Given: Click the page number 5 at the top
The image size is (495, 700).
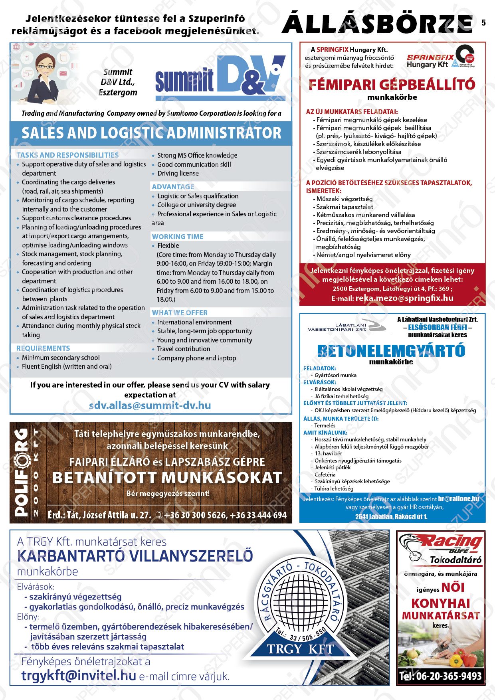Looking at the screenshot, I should [483, 23].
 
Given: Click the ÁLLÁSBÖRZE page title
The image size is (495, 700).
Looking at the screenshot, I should [377, 24].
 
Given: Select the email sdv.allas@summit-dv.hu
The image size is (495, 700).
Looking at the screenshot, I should [150, 405].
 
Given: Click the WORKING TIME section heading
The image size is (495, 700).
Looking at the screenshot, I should [178, 237].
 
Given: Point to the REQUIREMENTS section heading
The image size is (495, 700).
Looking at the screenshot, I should [43, 348].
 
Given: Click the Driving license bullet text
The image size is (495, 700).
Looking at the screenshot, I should [178, 174].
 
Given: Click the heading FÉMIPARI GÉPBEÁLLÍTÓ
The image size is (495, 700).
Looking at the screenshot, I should [392, 85].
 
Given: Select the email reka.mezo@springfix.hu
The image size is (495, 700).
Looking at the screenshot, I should [404, 298].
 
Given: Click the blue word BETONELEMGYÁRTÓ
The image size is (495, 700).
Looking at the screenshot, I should [391, 351].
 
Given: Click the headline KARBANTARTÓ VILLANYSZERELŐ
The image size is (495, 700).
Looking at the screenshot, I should [135, 556].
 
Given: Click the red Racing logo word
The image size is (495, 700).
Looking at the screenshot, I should [452, 542].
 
